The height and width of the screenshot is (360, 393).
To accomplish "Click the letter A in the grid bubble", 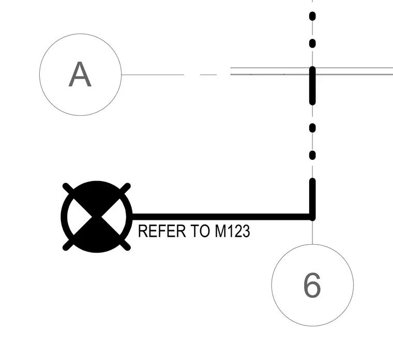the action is coord(80,74).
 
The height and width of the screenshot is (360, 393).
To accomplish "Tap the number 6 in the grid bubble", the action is coord(312,286).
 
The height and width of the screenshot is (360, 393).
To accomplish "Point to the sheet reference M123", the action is coord(233,231).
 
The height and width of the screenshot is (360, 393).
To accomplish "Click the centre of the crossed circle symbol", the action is coord(97,217).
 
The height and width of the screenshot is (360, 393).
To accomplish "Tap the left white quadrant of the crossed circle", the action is coord(79,217).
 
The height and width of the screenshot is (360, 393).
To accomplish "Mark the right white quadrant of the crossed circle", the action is coord(114,217).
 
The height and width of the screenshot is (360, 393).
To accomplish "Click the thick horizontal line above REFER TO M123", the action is coord(222,217).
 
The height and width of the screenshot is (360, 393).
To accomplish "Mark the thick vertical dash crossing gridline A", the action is coord(312,85).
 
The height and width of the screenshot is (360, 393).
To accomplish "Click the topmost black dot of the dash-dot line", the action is coord(312,16).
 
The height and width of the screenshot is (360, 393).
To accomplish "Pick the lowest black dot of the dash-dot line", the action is coord(312,156).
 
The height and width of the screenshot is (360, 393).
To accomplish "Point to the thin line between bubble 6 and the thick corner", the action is coord(312,232).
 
